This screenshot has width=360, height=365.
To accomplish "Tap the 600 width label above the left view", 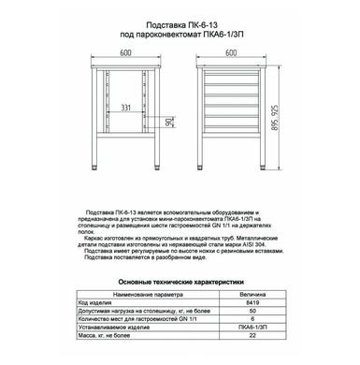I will (x=125, y=51).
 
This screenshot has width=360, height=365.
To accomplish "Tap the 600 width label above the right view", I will (x=233, y=51).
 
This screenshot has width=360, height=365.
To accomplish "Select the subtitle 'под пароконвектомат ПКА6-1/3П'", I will (x=180, y=31).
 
